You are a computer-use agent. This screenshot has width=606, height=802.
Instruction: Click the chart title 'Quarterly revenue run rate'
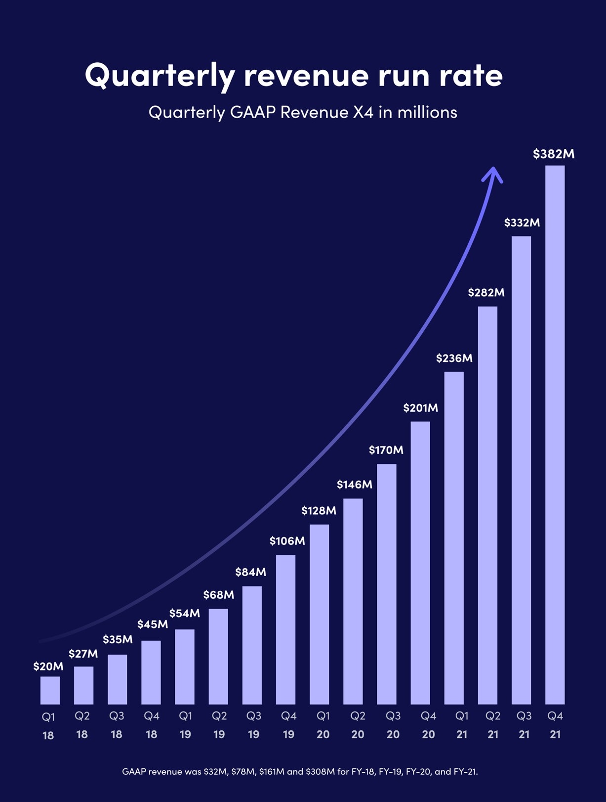coord(293,75)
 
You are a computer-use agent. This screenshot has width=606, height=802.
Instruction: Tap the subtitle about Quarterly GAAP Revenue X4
coord(303,112)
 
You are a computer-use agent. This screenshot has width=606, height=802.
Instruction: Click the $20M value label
coord(48,667)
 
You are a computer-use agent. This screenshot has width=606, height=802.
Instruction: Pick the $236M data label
coord(454,358)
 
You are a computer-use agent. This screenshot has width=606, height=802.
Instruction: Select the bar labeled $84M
coord(252,645)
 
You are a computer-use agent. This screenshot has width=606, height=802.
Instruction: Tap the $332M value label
coord(522,223)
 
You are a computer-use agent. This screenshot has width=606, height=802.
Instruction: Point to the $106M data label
coord(287,541)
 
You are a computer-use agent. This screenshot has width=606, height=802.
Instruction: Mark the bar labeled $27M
coord(83,685)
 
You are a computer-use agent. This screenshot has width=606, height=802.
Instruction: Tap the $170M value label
coord(386,450)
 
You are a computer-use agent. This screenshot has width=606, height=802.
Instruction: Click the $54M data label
coord(184,614)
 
